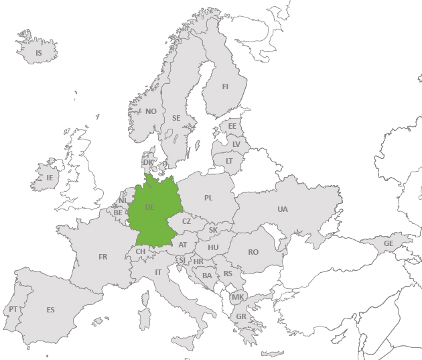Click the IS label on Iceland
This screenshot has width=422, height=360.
[39, 53]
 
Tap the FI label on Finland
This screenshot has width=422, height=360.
[225, 86]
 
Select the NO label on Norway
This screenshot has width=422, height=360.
[151, 111]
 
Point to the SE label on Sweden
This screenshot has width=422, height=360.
[176, 118]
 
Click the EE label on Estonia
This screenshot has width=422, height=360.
[232, 126]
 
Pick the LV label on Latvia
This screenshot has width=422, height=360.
[236, 144]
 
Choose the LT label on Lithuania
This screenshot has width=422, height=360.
[229, 161]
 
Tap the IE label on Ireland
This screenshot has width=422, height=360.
[50, 178]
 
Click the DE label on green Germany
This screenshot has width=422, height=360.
[149, 207]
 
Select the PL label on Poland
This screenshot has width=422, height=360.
[208, 198]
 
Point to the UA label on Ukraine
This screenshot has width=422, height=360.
[283, 209]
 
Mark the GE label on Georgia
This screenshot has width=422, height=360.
[388, 243]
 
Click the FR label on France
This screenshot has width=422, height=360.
[102, 257]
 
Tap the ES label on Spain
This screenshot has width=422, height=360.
[50, 310]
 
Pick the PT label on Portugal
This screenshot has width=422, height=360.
[13, 309]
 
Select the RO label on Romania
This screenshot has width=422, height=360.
[253, 252]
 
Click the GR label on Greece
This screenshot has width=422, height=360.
[240, 317]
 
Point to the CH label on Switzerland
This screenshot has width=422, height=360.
[141, 251]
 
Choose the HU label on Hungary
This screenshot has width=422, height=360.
[213, 247]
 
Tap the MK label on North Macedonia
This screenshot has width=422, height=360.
[238, 297]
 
